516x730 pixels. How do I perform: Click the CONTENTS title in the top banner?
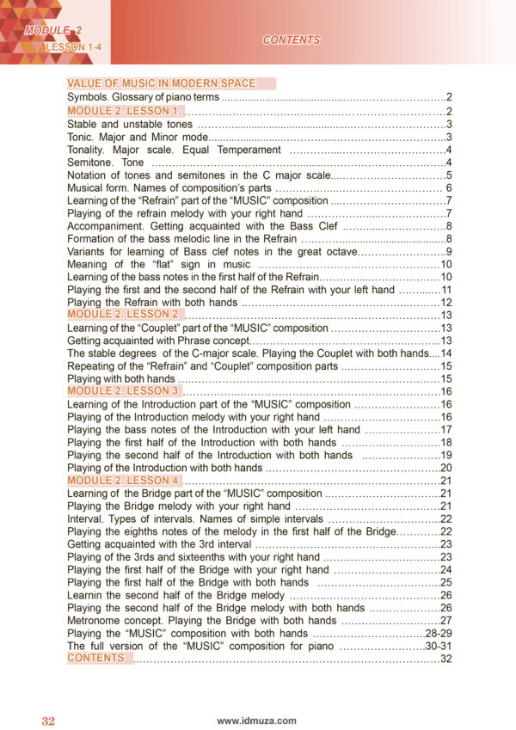pos(291,40)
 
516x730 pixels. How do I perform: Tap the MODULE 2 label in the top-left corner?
pos(47,32)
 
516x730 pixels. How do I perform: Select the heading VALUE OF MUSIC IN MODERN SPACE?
pos(162,83)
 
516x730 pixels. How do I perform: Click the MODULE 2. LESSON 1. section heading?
pos(125,111)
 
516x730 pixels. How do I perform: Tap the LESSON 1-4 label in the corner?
pos(75,47)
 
